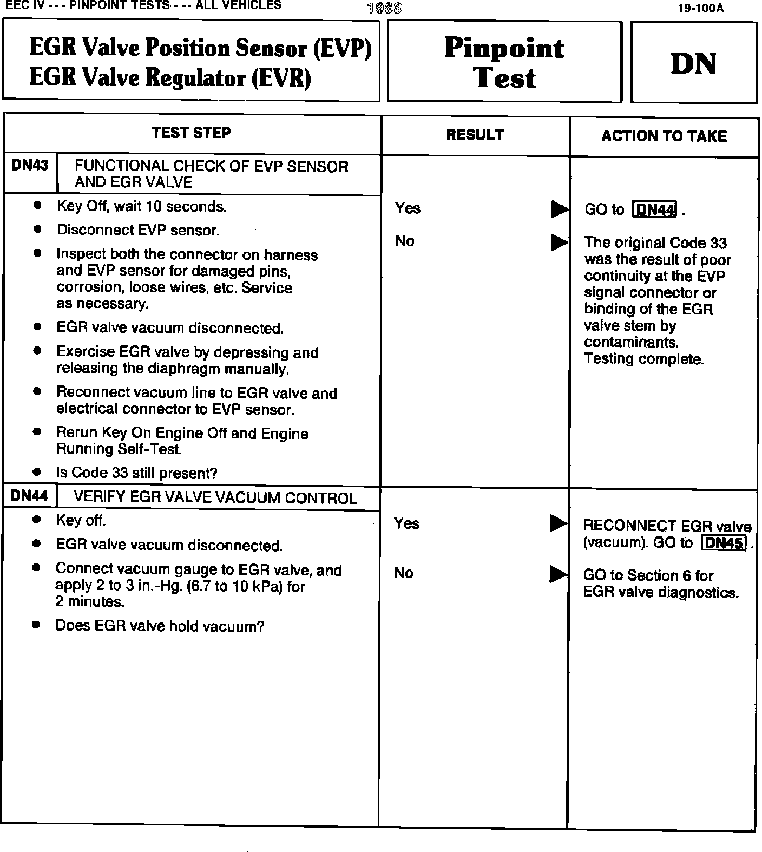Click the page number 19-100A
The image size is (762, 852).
click(700, 9)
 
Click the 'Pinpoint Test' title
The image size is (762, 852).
click(504, 62)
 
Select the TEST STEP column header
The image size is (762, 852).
click(191, 133)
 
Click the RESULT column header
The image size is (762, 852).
click(475, 135)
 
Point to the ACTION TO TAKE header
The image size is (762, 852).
click(664, 136)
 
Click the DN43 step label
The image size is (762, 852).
click(30, 166)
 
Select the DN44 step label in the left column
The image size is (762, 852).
click(29, 496)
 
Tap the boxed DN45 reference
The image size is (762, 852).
click(724, 543)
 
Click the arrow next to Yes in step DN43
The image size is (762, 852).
click(559, 209)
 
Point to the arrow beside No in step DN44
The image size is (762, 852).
click(558, 574)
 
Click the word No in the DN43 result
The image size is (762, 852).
click(404, 241)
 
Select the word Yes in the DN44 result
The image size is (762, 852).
click(406, 523)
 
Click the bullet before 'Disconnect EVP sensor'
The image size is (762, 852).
click(37, 230)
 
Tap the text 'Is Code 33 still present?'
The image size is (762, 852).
click(136, 473)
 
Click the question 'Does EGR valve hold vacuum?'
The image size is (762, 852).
click(160, 626)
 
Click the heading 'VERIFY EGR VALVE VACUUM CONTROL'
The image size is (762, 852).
click(215, 498)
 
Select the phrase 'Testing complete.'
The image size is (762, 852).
click(643, 359)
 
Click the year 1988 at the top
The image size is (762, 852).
click(384, 8)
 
